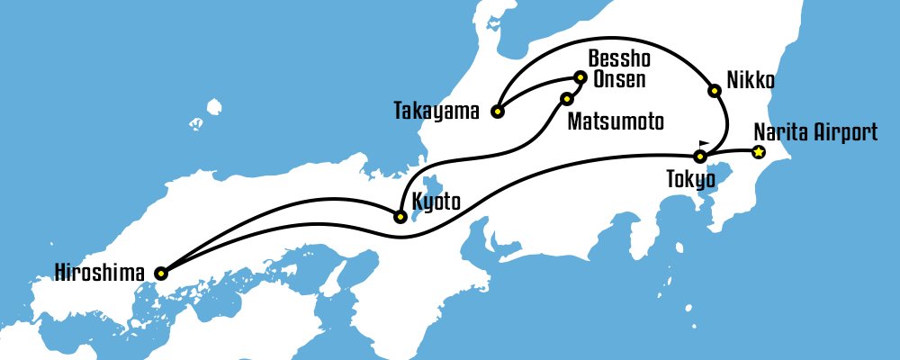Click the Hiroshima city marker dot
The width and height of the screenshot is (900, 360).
[160, 272]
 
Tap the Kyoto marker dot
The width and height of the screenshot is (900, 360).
[400, 216]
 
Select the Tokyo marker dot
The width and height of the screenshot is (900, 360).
[700, 157]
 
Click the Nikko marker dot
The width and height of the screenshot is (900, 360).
[714, 90]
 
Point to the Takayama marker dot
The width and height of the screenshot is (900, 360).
[497, 112]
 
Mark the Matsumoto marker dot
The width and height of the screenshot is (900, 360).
[567, 98]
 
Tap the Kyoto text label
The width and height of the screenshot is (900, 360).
[436, 202]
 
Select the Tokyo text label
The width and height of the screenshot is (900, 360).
[690, 179]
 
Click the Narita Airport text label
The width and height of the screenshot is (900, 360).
[815, 133]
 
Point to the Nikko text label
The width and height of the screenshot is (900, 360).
[750, 78]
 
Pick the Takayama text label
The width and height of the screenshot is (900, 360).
[437, 112]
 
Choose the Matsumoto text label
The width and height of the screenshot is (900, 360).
[615, 121]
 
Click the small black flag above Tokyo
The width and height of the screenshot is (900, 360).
[703, 143]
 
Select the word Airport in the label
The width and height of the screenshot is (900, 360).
[846, 133]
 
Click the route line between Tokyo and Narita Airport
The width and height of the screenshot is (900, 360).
[730, 154]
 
